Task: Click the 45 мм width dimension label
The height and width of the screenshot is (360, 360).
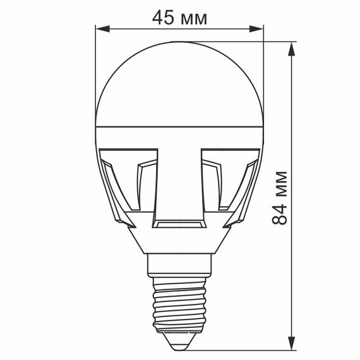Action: tap(179, 18)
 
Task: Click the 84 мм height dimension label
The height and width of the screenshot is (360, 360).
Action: tap(279, 198)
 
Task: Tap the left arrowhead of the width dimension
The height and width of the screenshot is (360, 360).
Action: tap(102, 29)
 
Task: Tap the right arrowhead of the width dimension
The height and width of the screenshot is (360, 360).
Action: tap(256, 29)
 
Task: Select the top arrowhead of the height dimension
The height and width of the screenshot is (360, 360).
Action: tap(292, 49)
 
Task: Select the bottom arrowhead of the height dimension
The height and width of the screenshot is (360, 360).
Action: tap(292, 343)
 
